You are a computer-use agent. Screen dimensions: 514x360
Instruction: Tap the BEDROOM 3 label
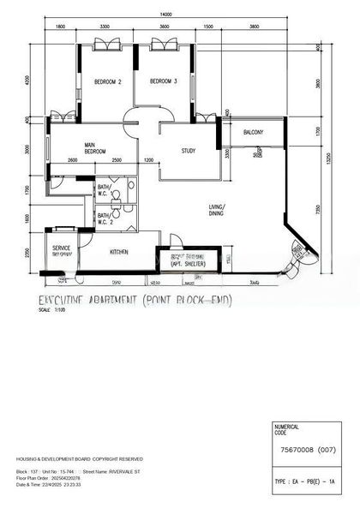(163, 81)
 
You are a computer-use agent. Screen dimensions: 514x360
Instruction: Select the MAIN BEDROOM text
(95, 148)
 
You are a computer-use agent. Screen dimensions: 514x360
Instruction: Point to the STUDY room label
(189, 151)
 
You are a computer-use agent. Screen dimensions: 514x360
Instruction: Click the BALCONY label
(253, 132)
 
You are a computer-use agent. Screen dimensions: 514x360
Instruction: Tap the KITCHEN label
(120, 252)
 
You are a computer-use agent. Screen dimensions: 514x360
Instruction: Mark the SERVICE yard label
(61, 248)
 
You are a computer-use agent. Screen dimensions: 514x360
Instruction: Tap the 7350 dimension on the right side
(319, 210)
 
